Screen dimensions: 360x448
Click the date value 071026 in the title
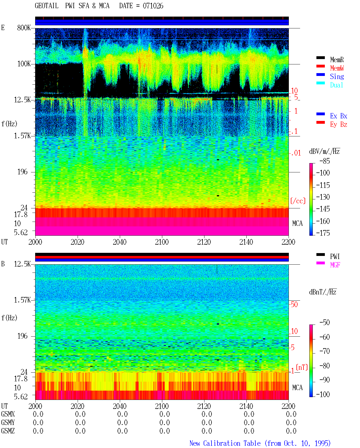tap(153, 6)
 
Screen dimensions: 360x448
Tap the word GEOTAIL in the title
tap(47, 6)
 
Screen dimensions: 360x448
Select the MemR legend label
tap(337, 60)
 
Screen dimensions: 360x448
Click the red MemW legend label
tap(337, 68)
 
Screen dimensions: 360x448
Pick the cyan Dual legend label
tap(336, 85)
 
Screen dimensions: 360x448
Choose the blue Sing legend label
tap(337, 76)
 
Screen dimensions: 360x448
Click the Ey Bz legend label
tap(339, 125)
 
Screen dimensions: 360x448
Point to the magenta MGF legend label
tap(335, 265)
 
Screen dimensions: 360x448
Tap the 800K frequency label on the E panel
tap(24, 28)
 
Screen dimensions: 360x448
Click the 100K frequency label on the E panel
tap(24, 64)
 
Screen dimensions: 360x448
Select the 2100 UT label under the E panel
tap(162, 242)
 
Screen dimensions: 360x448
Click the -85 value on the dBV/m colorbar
tap(325, 161)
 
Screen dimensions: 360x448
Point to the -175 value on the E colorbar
tap(323, 233)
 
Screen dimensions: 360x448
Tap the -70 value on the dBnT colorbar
tap(325, 351)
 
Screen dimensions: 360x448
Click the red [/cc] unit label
tap(298, 201)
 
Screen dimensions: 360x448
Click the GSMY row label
tap(8, 422)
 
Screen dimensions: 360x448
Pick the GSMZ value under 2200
tap(291, 431)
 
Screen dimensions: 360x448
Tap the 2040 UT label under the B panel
tap(120, 406)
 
